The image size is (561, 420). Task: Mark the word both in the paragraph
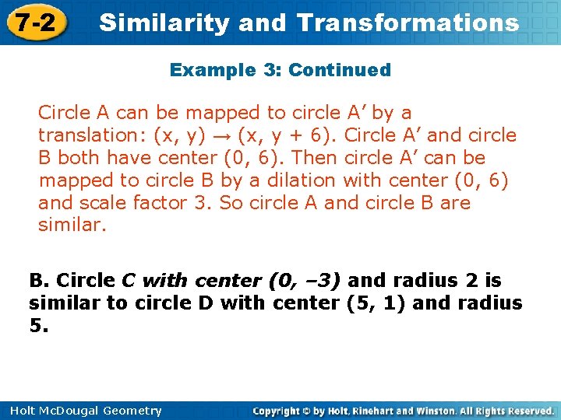(78, 158)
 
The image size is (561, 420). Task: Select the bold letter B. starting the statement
(39, 280)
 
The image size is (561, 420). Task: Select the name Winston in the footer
(433, 411)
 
